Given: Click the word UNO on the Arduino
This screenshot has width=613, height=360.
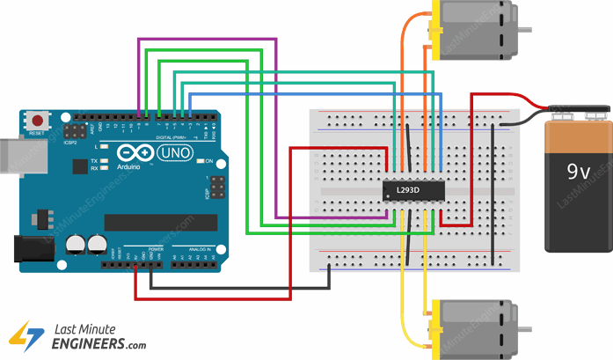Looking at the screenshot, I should coord(169,153).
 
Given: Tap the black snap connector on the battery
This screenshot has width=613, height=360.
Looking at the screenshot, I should coord(580,111).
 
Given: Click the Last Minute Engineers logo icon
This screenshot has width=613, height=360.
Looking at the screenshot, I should coord(26,334).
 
